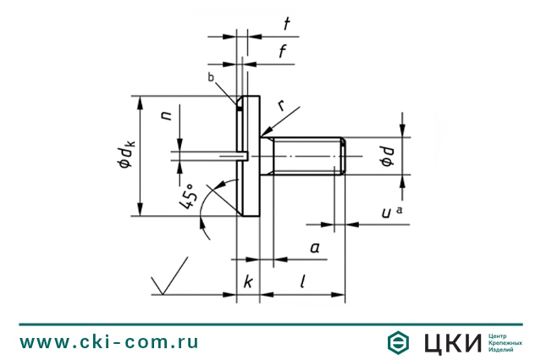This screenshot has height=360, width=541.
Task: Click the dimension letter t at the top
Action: [287, 24]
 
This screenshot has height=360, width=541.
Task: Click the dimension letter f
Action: [283, 52]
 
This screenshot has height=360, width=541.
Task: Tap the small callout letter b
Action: [211, 77]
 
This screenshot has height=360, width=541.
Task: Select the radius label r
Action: [282, 105]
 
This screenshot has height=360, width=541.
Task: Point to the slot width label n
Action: [166, 115]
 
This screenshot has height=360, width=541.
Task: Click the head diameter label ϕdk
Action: [125, 155]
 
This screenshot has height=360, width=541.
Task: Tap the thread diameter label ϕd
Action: [388, 157]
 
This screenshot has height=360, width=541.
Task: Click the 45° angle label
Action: [189, 197]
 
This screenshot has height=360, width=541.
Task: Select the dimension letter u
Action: [386, 213]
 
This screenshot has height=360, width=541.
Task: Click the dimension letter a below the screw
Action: [315, 247]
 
